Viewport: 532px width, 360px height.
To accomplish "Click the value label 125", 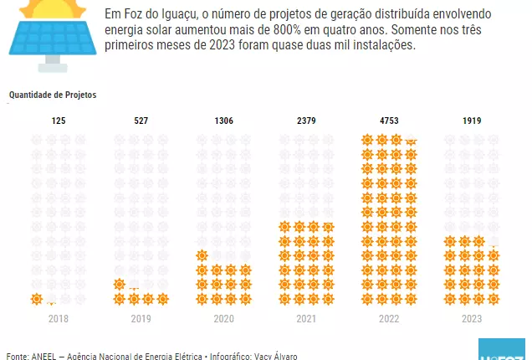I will point(59,121).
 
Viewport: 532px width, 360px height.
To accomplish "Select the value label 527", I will point(141,121).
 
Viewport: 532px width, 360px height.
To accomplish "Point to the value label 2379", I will point(306,121).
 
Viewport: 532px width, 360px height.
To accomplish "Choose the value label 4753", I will point(389,121).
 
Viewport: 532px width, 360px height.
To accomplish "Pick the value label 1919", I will point(472,121).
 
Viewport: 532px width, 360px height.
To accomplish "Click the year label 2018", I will point(59,319).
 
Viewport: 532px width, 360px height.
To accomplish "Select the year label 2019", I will point(141,319).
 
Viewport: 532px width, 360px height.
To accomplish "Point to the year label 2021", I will point(306,319).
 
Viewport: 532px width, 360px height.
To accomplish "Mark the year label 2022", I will point(389,319).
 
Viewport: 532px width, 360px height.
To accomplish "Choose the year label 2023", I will point(472,319).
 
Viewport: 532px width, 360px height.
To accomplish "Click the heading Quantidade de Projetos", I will point(53,95).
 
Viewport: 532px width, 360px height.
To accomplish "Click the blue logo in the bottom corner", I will point(502,350).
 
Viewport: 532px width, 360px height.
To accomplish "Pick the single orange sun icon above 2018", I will point(36,299).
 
